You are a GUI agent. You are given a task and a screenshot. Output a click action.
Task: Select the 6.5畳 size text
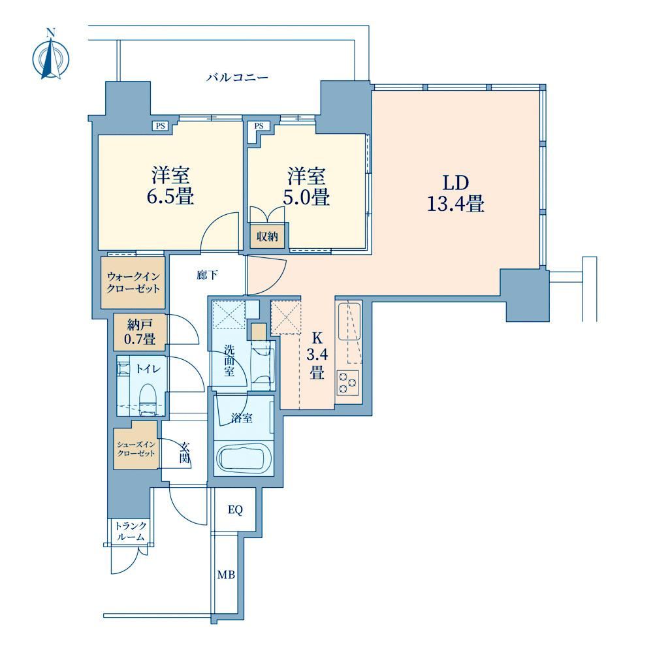(170, 196)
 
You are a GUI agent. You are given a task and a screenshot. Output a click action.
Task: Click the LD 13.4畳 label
(456, 193)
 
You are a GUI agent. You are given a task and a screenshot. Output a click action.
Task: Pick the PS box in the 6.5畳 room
(161, 125)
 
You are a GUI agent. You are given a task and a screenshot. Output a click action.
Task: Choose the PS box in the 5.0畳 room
(259, 125)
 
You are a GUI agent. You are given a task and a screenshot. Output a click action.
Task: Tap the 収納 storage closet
(267, 236)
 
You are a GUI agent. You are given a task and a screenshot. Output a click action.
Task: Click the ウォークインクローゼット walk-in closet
(133, 282)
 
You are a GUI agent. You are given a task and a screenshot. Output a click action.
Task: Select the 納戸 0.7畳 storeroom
(140, 332)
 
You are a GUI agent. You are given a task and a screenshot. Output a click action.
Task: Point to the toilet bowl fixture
(146, 398)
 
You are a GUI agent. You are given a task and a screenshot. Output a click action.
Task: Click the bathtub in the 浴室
(244, 458)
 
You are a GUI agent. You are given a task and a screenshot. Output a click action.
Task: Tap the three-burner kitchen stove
(348, 382)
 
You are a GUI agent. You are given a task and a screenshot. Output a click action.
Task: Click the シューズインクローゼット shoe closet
(136, 445)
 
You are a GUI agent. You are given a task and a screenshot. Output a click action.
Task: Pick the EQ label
(235, 510)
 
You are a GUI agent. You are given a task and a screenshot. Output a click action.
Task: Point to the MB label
(226, 575)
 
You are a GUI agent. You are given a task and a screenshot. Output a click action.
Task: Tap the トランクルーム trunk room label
(131, 532)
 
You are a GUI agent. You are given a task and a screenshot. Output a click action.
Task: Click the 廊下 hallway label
(207, 276)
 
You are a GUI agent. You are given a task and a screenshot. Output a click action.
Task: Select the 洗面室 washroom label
(229, 360)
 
